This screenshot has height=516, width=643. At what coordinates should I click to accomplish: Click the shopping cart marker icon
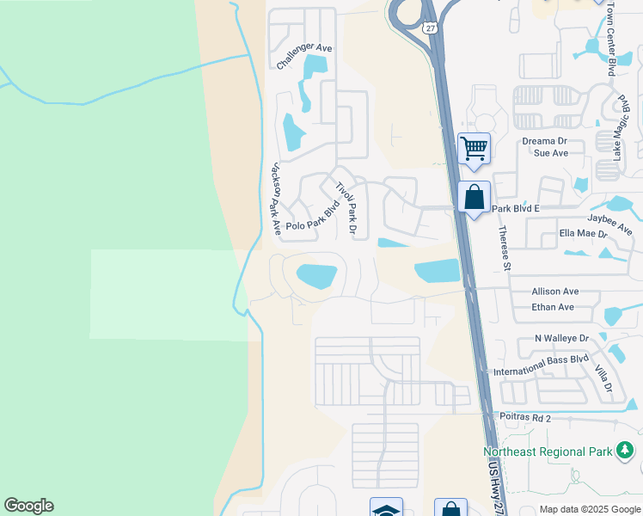475,148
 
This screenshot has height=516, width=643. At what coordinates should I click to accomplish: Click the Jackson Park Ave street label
275,199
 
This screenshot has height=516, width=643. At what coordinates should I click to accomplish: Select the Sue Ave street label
551,153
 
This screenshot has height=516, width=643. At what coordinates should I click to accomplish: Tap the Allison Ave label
555,292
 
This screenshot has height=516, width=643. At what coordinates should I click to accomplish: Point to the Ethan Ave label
553,307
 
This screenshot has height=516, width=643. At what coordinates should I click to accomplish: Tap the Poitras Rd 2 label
524,416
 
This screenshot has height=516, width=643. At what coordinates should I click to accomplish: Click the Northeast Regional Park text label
547,451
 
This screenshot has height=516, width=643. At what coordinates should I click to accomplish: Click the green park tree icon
625,450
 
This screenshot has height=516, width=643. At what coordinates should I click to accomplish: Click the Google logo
28,506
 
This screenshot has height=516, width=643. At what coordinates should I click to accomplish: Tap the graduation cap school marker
386,509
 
